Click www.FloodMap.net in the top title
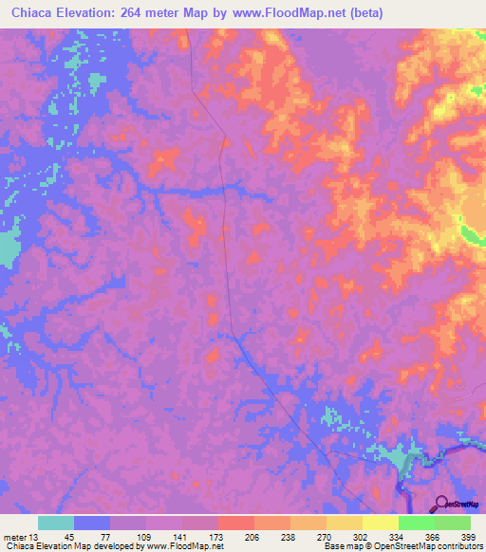[288, 11]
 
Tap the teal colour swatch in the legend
[56, 523]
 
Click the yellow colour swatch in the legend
[381, 523]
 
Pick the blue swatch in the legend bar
[92, 523]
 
